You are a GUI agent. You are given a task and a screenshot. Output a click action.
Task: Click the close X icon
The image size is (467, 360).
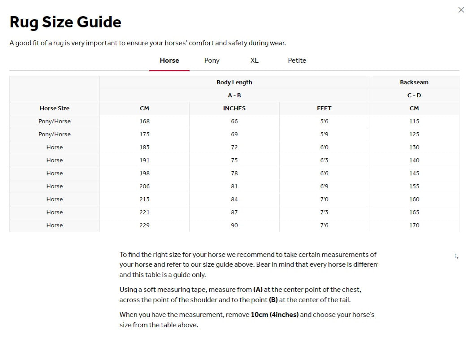tap(461, 10)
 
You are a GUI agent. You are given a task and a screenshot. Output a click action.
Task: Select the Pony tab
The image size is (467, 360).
tap(212, 61)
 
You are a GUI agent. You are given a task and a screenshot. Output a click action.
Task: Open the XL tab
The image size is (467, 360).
tap(254, 61)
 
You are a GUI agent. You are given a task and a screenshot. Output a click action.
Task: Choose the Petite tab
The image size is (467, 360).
tap(297, 61)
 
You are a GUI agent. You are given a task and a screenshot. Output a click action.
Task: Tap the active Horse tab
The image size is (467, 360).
tap(169, 61)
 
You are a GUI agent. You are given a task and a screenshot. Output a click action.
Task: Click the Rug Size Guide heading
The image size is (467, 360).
tap(65, 22)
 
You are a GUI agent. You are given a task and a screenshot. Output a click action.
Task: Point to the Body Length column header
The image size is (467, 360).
tap(234, 82)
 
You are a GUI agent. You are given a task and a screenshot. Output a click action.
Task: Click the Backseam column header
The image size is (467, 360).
tap(414, 82)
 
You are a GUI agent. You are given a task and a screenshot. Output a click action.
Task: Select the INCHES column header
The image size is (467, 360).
tap(234, 108)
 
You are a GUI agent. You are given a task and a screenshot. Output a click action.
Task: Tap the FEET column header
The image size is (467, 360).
tap(324, 108)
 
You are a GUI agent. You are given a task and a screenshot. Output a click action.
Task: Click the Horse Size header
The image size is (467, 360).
tap(54, 108)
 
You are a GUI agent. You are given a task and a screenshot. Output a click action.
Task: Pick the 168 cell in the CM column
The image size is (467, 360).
tap(144, 121)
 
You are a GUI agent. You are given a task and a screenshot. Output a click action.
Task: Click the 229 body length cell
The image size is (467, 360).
tap(144, 226)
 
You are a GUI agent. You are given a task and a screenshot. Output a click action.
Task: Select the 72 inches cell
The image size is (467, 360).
tap(234, 147)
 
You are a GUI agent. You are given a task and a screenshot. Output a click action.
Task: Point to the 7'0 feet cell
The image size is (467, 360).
tap(324, 200)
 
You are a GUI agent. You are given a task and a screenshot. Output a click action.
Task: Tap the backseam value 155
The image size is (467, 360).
tap(414, 187)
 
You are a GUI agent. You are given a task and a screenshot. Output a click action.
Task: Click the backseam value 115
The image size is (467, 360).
tap(414, 121)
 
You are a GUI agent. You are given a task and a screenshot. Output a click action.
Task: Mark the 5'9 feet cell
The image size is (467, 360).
tap(324, 134)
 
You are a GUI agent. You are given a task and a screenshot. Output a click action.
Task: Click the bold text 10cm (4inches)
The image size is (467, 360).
tap(274, 315)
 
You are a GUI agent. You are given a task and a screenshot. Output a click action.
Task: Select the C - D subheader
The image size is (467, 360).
tap(414, 95)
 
